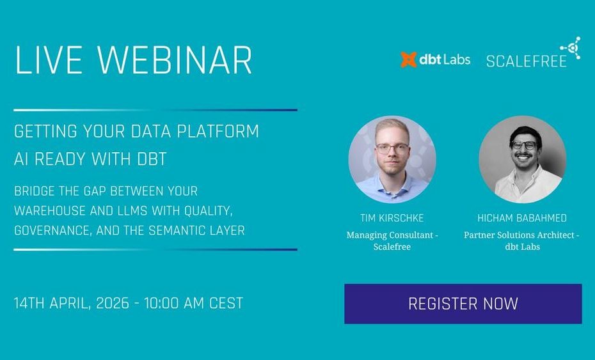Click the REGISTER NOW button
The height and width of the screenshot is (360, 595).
tap(463, 304)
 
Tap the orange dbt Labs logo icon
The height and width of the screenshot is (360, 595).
tap(409, 59)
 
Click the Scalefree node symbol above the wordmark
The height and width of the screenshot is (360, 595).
tap(571, 48)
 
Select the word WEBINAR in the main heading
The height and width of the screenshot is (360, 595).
tap(174, 60)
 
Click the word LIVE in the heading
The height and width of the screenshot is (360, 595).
tap(49, 60)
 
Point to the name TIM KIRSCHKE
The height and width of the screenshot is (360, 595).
tap(392, 218)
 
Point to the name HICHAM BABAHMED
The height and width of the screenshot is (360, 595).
tap(522, 218)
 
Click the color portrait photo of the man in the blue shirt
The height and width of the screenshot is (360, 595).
tap(392, 159)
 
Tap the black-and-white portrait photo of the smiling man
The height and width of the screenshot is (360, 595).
tap(523, 159)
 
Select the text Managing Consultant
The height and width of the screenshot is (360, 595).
tap(390, 235)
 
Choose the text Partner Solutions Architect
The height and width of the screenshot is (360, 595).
tap(519, 235)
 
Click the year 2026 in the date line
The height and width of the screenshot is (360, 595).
tap(113, 303)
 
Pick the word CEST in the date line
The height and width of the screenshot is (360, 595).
tap(226, 303)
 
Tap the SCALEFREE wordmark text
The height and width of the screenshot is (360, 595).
tap(527, 61)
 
